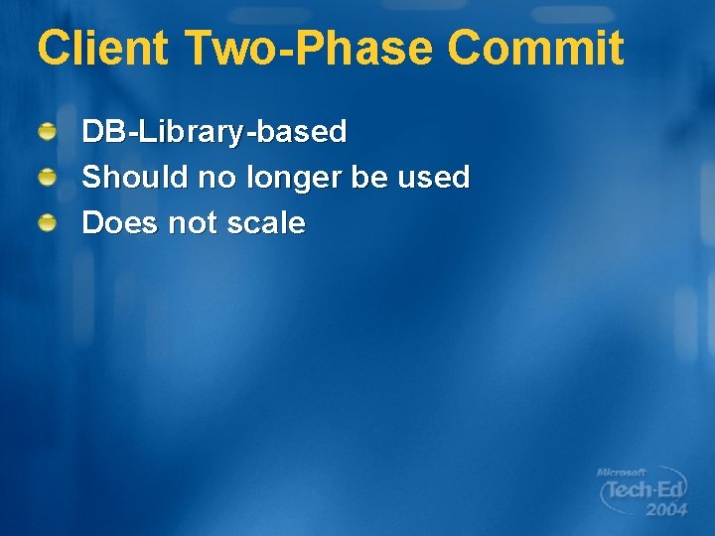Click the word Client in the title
[102, 48]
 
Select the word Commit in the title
[535, 48]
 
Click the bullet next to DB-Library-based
[48, 131]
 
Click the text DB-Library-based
[214, 131]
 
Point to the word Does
[120, 223]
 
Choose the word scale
[265, 223]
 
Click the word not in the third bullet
[193, 223]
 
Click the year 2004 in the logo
[665, 510]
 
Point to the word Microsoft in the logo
[621, 472]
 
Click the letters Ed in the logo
[667, 490]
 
